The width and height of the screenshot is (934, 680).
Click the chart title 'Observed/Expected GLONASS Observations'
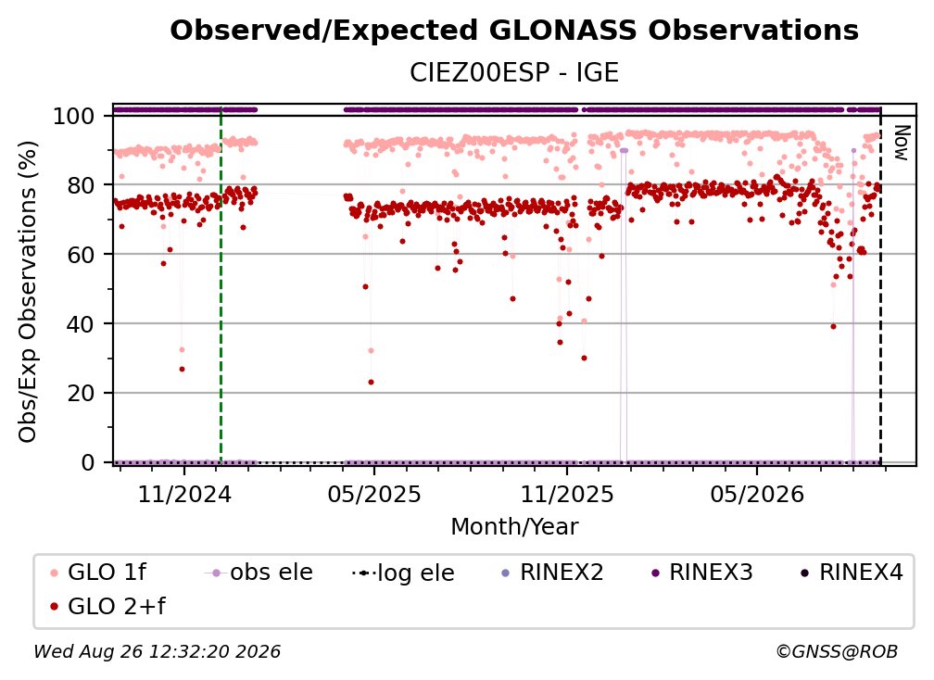[x=514, y=31]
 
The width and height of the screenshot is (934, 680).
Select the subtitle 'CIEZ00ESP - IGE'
[x=514, y=72]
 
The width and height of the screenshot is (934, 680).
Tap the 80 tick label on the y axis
[x=81, y=185]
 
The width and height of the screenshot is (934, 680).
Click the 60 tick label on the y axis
[x=81, y=254]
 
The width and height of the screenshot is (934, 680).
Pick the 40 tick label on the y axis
[x=81, y=324]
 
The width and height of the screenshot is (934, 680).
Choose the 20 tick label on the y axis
[x=81, y=393]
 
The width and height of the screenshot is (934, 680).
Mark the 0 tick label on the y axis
[x=88, y=462]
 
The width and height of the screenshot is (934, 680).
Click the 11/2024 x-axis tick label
[x=184, y=494]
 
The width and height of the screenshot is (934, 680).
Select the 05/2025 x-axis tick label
[x=374, y=494]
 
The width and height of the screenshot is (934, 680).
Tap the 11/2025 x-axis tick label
[x=567, y=494]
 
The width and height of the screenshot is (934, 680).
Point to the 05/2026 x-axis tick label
[x=757, y=494]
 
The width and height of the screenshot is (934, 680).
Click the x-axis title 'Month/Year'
[x=514, y=527]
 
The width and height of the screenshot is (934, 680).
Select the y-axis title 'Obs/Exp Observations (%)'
[x=28, y=292]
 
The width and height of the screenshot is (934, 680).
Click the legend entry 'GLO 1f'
[x=98, y=573]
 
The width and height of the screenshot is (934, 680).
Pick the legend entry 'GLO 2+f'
[x=107, y=607]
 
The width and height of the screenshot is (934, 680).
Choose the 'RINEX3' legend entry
[x=702, y=573]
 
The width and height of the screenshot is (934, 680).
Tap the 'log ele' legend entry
[x=403, y=573]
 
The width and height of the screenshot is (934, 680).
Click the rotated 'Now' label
[x=902, y=143]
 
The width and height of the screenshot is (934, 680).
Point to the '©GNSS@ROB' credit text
[x=837, y=651]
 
